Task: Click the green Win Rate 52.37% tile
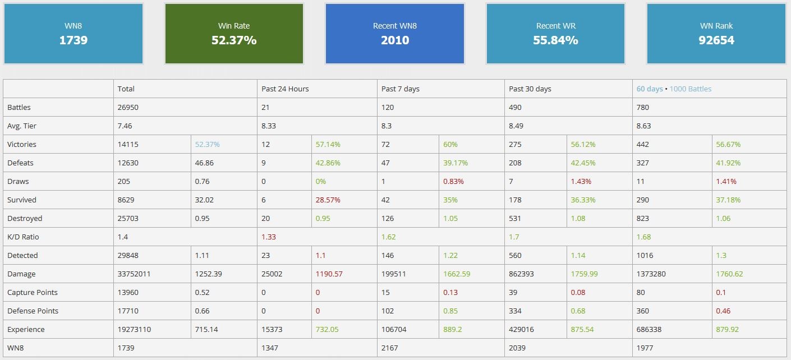click(x=234, y=34)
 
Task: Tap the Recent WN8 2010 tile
click(x=394, y=34)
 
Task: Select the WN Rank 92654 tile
click(x=716, y=34)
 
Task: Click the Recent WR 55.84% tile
click(x=555, y=34)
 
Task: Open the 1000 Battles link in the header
click(x=691, y=89)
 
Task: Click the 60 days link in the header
click(x=649, y=89)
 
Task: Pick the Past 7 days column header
click(x=400, y=89)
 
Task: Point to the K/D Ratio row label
click(x=23, y=237)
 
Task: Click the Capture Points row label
click(x=33, y=292)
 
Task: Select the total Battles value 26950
click(x=127, y=107)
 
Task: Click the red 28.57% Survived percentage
click(x=328, y=200)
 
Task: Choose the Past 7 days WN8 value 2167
click(x=389, y=348)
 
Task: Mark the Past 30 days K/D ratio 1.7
click(x=514, y=237)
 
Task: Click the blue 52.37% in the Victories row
click(x=208, y=144)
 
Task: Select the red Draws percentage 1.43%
click(x=581, y=181)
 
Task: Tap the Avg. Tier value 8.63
click(x=643, y=126)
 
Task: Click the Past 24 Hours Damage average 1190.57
click(x=329, y=274)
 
